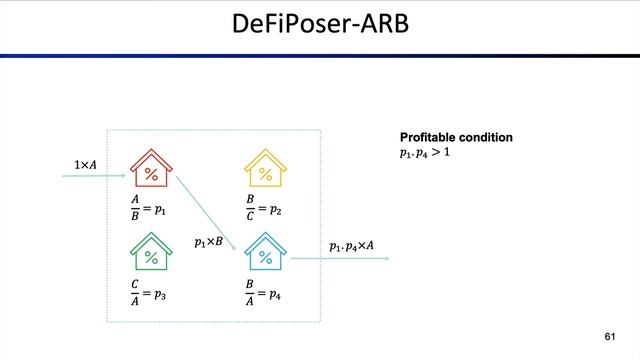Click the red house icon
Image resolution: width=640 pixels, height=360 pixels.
click(x=152, y=170)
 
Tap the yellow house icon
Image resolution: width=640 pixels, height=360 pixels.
click(x=265, y=170)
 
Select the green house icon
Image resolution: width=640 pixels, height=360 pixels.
click(x=152, y=253)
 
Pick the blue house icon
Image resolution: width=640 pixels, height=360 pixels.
click(x=265, y=253)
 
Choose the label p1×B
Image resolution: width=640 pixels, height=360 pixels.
click(x=208, y=242)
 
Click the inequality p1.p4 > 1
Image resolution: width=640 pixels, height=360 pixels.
click(x=425, y=153)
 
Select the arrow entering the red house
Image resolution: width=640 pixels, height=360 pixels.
click(x=95, y=177)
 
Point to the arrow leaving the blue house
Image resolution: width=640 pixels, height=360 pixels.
click(x=340, y=260)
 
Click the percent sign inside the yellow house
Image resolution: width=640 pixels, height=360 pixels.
click(x=265, y=174)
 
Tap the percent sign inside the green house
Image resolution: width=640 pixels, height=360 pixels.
click(x=152, y=257)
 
